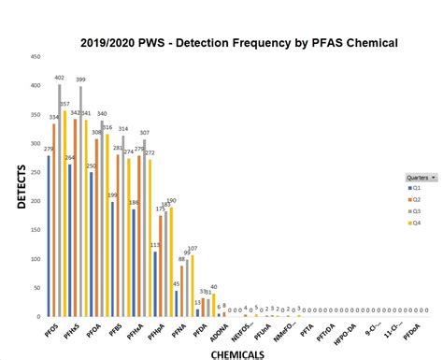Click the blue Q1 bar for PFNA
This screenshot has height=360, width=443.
pyautogui.click(x=176, y=304)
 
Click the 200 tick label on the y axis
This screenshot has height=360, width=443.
pyautogui.click(x=35, y=201)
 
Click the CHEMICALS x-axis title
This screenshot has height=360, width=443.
pyautogui.click(x=238, y=354)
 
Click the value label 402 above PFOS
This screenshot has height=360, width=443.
pyautogui.click(x=59, y=78)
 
